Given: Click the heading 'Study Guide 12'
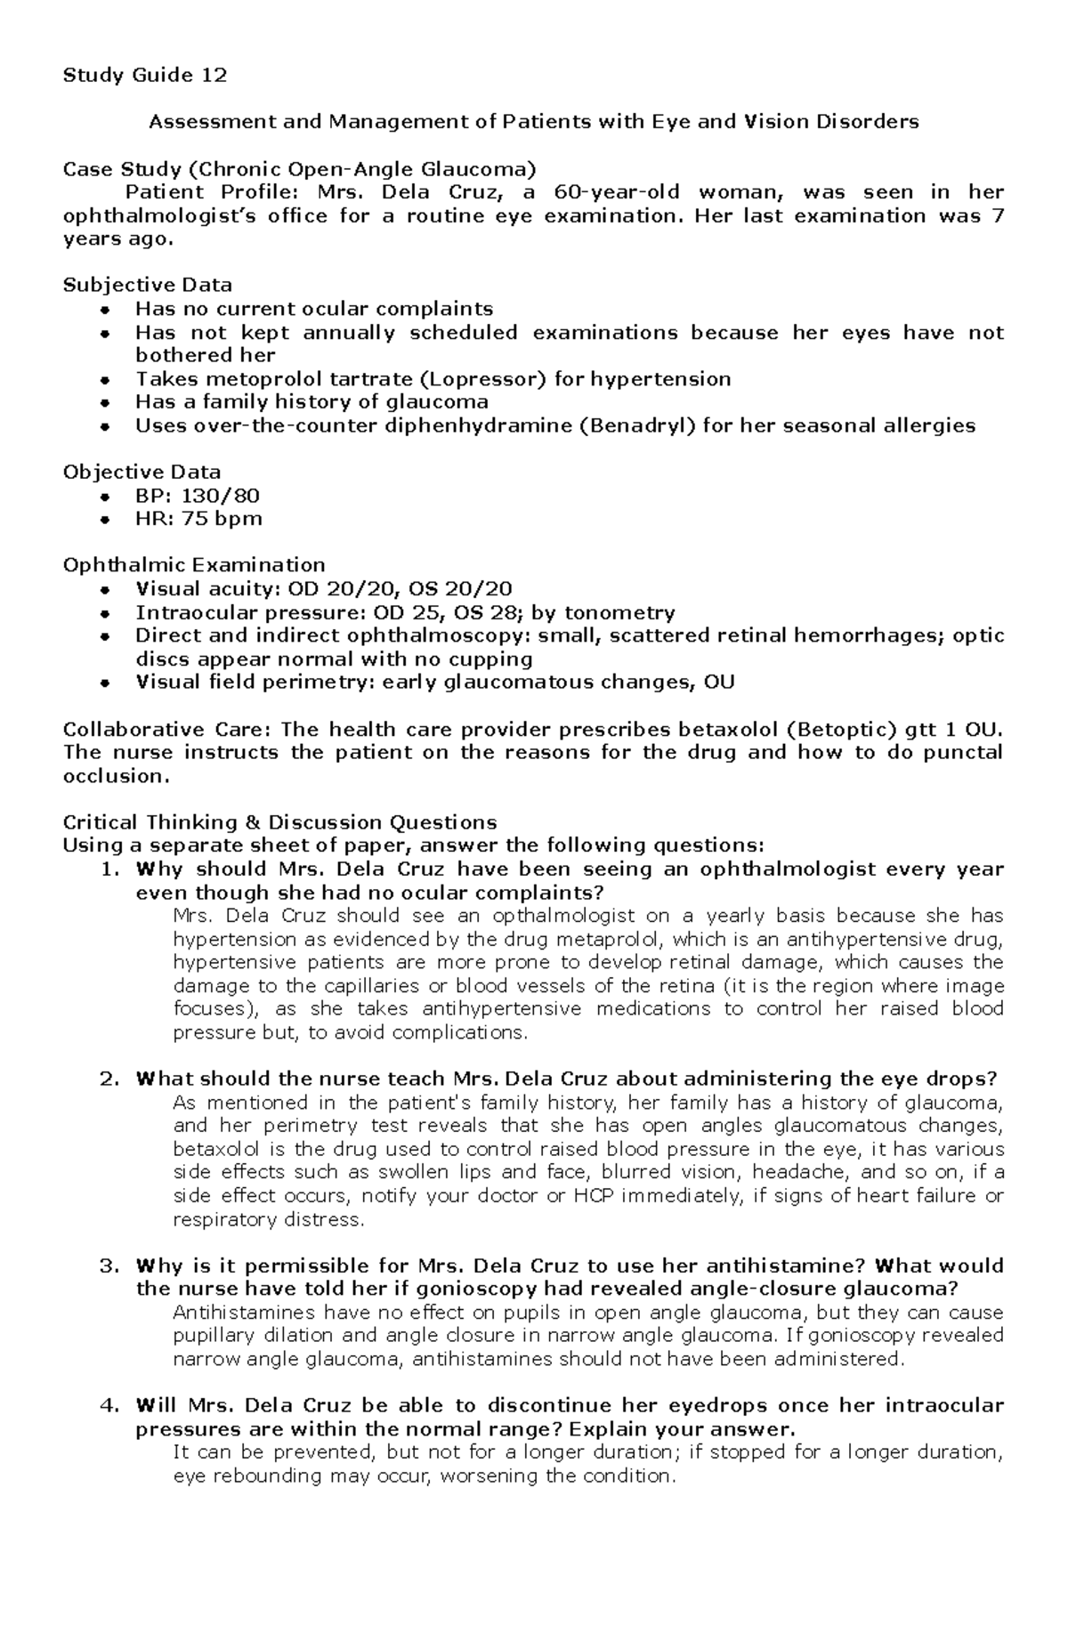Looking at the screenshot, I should tap(144, 75).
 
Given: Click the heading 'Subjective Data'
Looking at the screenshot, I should tap(147, 285).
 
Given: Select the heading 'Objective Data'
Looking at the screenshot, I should tap(142, 472).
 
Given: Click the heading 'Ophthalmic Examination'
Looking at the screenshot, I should tap(193, 565).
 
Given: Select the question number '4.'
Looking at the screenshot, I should tap(109, 1406).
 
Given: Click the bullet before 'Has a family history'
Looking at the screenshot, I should tap(105, 402).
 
